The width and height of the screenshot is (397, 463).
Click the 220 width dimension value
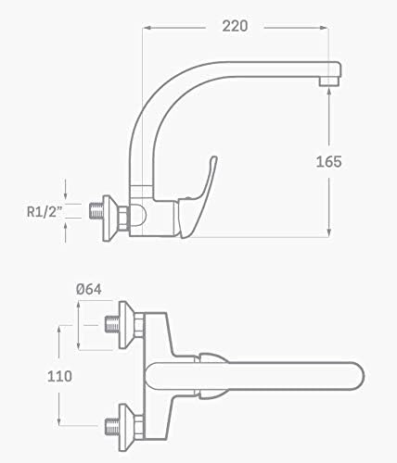[235, 26]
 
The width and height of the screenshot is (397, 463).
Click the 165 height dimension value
[328, 162]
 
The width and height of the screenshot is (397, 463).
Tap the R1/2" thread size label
[45, 212]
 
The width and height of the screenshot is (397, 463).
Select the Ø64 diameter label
[89, 290]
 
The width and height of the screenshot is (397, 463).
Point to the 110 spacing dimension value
[59, 376]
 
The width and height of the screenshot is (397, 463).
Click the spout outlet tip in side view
[329, 81]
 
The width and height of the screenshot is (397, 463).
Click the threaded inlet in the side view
[96, 211]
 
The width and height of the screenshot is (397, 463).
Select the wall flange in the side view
[110, 219]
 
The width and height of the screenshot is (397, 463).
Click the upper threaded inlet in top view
[112, 324]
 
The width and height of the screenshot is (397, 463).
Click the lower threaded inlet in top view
[112, 426]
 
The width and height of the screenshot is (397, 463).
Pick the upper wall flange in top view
[127, 325]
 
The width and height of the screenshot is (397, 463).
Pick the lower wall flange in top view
[127, 427]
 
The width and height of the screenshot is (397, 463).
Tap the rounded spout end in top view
[359, 376]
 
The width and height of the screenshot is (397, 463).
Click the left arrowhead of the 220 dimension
[147, 28]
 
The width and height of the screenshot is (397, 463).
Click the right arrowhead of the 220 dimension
[324, 28]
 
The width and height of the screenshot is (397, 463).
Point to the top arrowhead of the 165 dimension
[329, 91]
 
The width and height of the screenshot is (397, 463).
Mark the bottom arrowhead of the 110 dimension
[59, 422]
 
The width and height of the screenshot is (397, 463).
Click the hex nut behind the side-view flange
[123, 219]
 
